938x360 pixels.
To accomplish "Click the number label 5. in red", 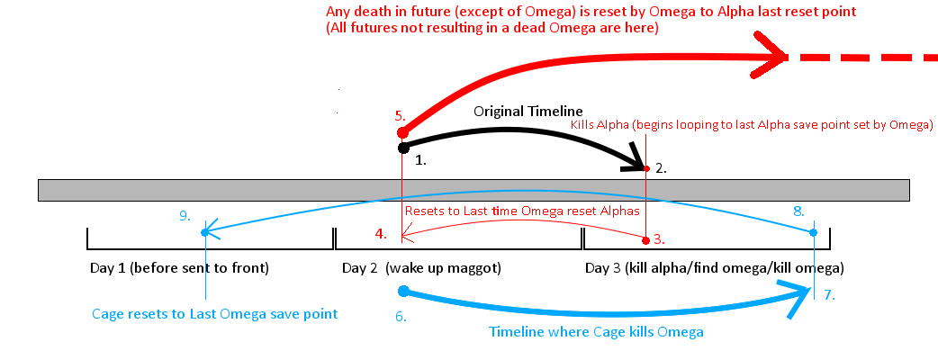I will (400, 116).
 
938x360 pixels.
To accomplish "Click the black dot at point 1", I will (403, 147).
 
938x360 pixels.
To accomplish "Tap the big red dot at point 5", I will (403, 133).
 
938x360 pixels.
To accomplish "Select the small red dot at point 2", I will (647, 168).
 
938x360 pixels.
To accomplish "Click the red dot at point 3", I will (646, 240).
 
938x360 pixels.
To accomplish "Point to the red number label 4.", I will (381, 235).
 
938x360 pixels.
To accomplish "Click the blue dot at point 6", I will (403, 291).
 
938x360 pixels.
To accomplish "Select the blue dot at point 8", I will (814, 232).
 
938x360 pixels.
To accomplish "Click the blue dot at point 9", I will (205, 232).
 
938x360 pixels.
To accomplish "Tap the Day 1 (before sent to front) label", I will (179, 268).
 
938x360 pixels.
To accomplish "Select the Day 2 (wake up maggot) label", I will (421, 268).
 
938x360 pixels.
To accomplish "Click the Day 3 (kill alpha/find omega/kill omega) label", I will (715, 268).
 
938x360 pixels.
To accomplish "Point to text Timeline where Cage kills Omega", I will (596, 332).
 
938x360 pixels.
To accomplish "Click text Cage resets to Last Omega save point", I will (215, 313).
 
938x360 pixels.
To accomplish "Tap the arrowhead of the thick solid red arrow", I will (776, 58).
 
